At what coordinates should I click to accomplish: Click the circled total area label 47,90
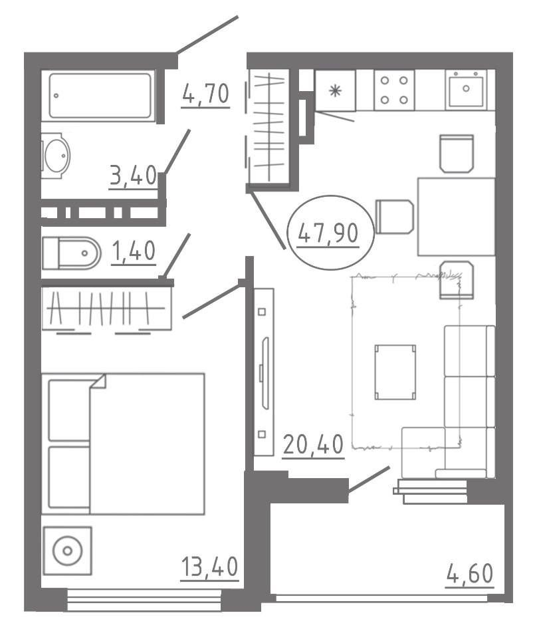coord(328,233)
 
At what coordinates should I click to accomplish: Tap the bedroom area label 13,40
coord(209,567)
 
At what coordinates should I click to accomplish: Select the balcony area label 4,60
coord(470,573)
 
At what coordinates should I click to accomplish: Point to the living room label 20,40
coord(314,445)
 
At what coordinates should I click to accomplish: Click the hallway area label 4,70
coord(205,94)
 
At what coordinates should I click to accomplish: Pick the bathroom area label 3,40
coord(133,176)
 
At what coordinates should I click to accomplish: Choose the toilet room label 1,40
coord(134,251)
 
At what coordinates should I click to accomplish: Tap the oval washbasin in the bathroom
coord(56,155)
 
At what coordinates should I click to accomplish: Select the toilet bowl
coord(71,253)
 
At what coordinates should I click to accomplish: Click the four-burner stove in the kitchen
coord(394,90)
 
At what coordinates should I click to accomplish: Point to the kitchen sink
coord(466,89)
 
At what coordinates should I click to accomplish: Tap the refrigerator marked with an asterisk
coord(335,90)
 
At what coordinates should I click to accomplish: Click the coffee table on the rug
coord(395,372)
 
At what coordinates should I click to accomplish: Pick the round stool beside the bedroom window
coord(68,551)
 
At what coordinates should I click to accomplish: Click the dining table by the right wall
coord(457,217)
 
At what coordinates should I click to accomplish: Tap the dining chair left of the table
coord(395,216)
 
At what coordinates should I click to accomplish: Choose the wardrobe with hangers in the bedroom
coord(107,309)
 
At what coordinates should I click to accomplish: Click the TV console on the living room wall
coord(264,372)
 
